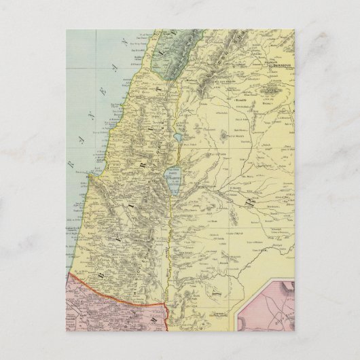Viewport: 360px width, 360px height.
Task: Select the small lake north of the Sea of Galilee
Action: [x=177, y=137]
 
